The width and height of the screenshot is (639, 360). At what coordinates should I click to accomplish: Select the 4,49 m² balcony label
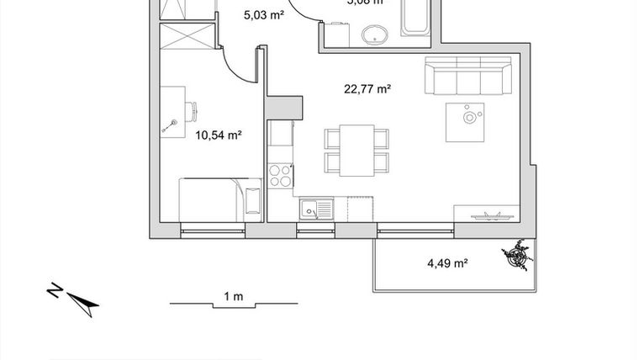coord(447,263)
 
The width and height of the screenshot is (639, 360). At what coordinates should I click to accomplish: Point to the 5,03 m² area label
coord(262,15)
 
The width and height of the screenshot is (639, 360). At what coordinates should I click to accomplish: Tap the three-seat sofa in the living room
coord(467,77)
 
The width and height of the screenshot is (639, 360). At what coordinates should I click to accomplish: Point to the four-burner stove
coord(279,176)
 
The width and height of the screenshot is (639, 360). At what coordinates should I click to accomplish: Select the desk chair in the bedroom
coord(191,109)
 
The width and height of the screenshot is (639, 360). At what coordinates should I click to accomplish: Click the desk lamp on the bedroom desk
coord(168,127)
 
